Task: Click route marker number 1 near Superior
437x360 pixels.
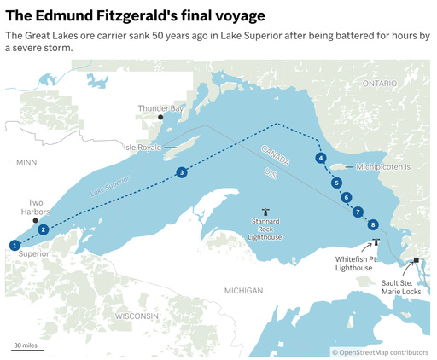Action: (15, 245)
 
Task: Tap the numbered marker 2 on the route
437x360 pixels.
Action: (44, 229)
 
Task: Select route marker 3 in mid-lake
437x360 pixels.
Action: (182, 172)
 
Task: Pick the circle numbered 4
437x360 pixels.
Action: (320, 158)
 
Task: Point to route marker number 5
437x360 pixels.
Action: (337, 183)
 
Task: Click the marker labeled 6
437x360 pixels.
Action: (347, 197)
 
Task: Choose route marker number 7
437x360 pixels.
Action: (358, 212)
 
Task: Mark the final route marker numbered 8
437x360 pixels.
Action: (372, 224)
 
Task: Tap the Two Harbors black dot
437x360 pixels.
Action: (35, 220)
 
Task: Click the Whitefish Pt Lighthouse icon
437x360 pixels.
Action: (376, 242)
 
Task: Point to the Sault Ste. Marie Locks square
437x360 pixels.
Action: (416, 260)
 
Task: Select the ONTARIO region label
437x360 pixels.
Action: (379, 84)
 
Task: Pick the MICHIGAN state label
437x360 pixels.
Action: (243, 291)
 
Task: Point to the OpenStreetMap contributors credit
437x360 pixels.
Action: (380, 351)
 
